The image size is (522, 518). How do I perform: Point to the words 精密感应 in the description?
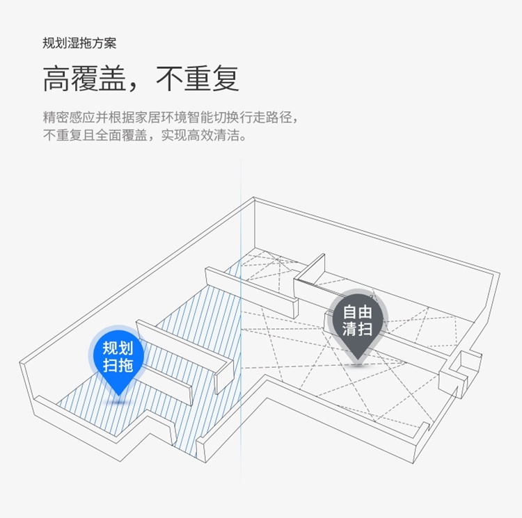coord(68,118)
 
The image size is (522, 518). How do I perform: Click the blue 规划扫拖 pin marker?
coord(118,356)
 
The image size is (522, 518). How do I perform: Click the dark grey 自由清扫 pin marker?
coord(357,321)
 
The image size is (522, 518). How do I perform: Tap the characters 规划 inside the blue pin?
coord(118,348)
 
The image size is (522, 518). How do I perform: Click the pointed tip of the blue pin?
coord(118,395)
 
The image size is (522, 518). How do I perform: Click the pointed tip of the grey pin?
coord(357,359)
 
